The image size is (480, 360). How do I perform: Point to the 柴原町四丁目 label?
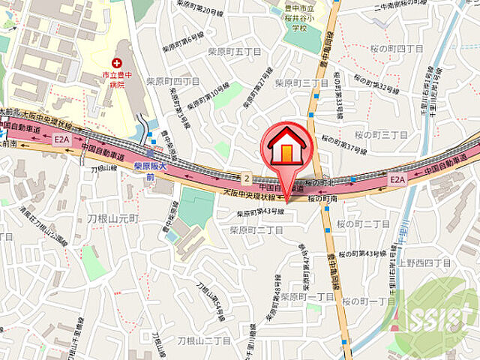[172, 81]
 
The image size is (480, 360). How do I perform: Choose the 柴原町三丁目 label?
[298, 82]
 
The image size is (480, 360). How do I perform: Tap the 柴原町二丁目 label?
[254, 230]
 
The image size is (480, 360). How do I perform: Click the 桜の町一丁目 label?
[370, 300]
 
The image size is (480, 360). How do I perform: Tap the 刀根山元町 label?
[112, 218]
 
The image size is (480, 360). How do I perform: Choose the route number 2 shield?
[246, 178]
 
